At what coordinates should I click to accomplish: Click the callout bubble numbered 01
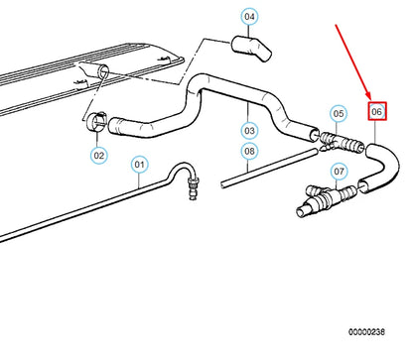coord(139,165)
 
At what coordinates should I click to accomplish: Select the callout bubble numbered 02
coord(98,155)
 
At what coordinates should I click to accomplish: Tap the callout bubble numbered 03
coord(250,130)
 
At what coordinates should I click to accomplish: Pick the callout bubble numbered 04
coord(249,17)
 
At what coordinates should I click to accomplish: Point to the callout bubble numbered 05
coord(339,113)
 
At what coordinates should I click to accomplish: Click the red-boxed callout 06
coord(377,112)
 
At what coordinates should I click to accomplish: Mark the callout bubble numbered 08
coord(250,153)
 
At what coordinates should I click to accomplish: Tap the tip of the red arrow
coord(372,97)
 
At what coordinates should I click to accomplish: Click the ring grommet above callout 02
coord(97,122)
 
